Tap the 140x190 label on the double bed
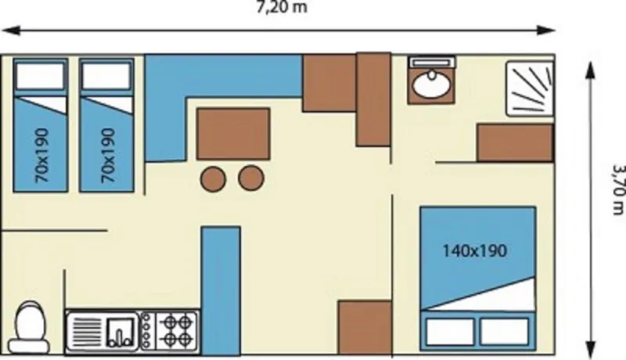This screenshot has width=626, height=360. pyautogui.click(x=474, y=251)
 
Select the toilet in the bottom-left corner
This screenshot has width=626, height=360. pyautogui.click(x=32, y=328)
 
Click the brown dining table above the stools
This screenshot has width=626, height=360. pyautogui.click(x=233, y=134)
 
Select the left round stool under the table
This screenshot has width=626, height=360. pyautogui.click(x=213, y=179)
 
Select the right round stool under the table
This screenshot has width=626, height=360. pyautogui.click(x=251, y=179)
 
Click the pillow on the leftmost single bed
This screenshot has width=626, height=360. pyautogui.click(x=40, y=77)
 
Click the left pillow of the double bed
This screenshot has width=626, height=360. pyautogui.click(x=449, y=331)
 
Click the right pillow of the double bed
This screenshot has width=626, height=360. pyautogui.click(x=503, y=331)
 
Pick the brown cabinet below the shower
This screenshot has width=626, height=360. pyautogui.click(x=515, y=142)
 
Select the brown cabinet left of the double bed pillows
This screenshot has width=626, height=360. pyautogui.click(x=365, y=327)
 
